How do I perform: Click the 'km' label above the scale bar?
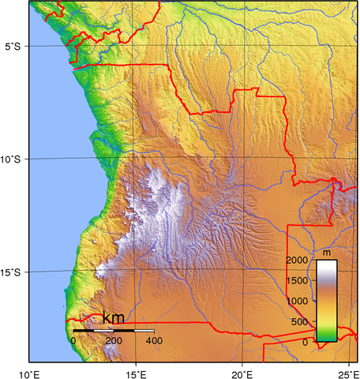tap(113, 318)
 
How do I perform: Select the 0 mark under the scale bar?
tap(73, 340)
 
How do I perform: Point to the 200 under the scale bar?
tap(113, 340)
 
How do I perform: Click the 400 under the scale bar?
tap(153, 340)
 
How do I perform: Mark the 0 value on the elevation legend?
tap(306, 343)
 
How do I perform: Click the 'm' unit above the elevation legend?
tap(327, 253)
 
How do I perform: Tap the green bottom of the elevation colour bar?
tap(327, 337)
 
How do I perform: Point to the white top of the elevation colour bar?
tap(327, 265)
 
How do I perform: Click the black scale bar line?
tap(113, 330)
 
